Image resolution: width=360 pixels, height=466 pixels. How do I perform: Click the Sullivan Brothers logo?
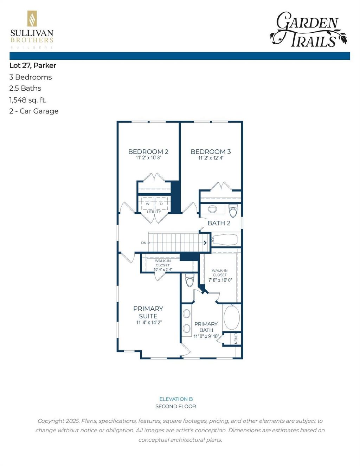point(32,30)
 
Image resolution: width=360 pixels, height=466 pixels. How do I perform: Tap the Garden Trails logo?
point(308,30)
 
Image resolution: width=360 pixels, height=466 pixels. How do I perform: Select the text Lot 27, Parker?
point(33,65)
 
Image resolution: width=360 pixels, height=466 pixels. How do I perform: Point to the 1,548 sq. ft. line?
point(28,100)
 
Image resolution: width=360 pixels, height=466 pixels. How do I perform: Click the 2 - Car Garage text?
point(34,111)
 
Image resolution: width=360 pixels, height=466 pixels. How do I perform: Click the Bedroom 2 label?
point(148,151)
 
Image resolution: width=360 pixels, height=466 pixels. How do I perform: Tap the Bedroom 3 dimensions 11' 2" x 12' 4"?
point(211,158)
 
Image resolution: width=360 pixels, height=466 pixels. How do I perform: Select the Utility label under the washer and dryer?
point(154,212)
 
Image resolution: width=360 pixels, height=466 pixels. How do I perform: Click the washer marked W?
point(148,204)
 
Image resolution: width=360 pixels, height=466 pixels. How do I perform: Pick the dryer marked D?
point(161,204)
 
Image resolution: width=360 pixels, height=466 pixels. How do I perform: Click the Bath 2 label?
point(219,223)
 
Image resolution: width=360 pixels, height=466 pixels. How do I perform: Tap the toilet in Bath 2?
point(233,211)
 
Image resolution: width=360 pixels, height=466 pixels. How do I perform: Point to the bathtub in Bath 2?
point(225,240)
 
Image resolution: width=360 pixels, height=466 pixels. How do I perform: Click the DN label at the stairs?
point(144,243)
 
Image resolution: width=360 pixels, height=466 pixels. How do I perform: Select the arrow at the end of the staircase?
point(205,242)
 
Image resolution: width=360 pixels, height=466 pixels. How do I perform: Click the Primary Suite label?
point(148,312)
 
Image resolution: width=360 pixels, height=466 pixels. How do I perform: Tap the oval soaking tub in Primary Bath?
point(232,317)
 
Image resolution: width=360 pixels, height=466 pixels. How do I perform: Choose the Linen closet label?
point(236,339)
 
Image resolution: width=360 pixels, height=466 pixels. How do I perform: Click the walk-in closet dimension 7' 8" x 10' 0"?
point(220,280)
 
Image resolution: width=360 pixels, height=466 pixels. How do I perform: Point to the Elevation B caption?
point(176,399)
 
